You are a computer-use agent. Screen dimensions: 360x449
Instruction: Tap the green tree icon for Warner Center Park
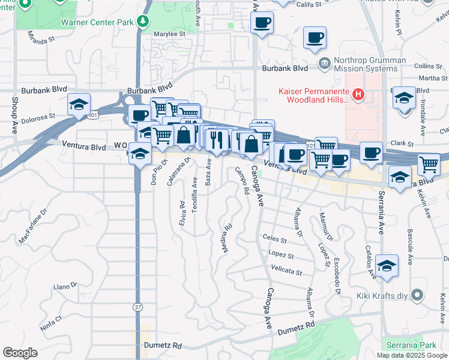(142, 22)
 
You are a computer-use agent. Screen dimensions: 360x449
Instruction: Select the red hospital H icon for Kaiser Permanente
(358, 94)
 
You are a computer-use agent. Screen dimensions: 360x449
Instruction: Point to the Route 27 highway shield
(137, 306)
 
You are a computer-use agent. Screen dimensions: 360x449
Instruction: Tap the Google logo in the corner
(20, 353)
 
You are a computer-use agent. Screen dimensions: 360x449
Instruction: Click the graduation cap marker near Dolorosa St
(79, 106)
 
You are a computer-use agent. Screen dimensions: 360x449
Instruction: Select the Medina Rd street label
(228, 239)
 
